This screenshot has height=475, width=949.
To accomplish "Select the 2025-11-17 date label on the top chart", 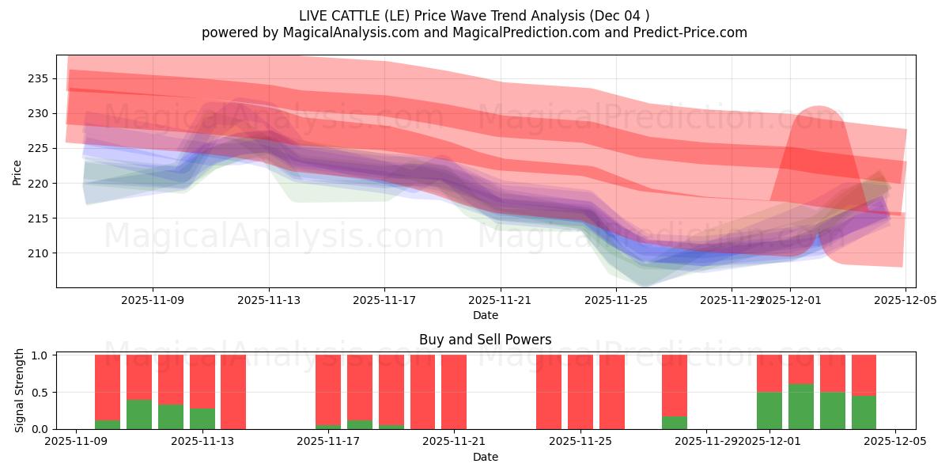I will [x=384, y=300].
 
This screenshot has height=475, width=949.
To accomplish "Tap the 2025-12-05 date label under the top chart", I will [x=905, y=300].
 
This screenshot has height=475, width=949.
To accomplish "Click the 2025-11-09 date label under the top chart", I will [x=153, y=300].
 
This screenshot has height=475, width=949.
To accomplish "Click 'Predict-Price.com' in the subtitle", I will [x=686, y=32].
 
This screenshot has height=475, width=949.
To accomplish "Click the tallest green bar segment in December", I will [x=800, y=407].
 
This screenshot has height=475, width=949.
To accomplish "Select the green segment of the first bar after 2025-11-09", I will [x=108, y=424].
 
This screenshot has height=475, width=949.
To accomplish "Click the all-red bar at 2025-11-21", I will [x=454, y=392].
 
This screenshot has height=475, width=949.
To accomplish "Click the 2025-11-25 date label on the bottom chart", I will [x=580, y=441].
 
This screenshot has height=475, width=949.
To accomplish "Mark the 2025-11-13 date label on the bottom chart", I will [x=202, y=441].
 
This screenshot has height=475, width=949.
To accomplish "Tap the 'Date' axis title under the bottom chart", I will [x=485, y=457].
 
